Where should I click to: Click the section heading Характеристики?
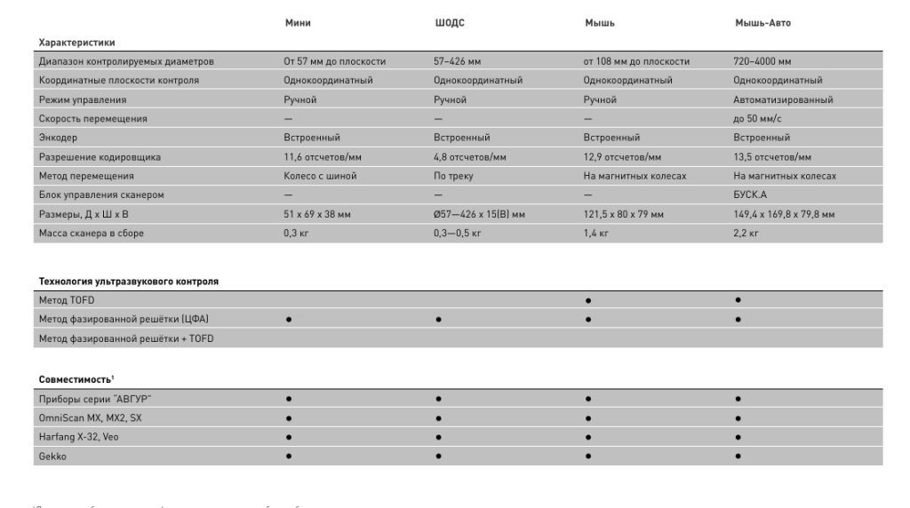tap(76, 42)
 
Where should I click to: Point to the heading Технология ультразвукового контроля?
tap(128, 281)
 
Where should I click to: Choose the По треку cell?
tap(453, 176)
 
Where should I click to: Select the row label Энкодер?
tap(57, 138)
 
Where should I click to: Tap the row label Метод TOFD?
tap(66, 299)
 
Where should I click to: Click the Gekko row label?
tap(52, 456)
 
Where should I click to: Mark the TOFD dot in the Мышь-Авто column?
tap(737, 299)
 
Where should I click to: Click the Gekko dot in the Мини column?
tap(288, 456)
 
